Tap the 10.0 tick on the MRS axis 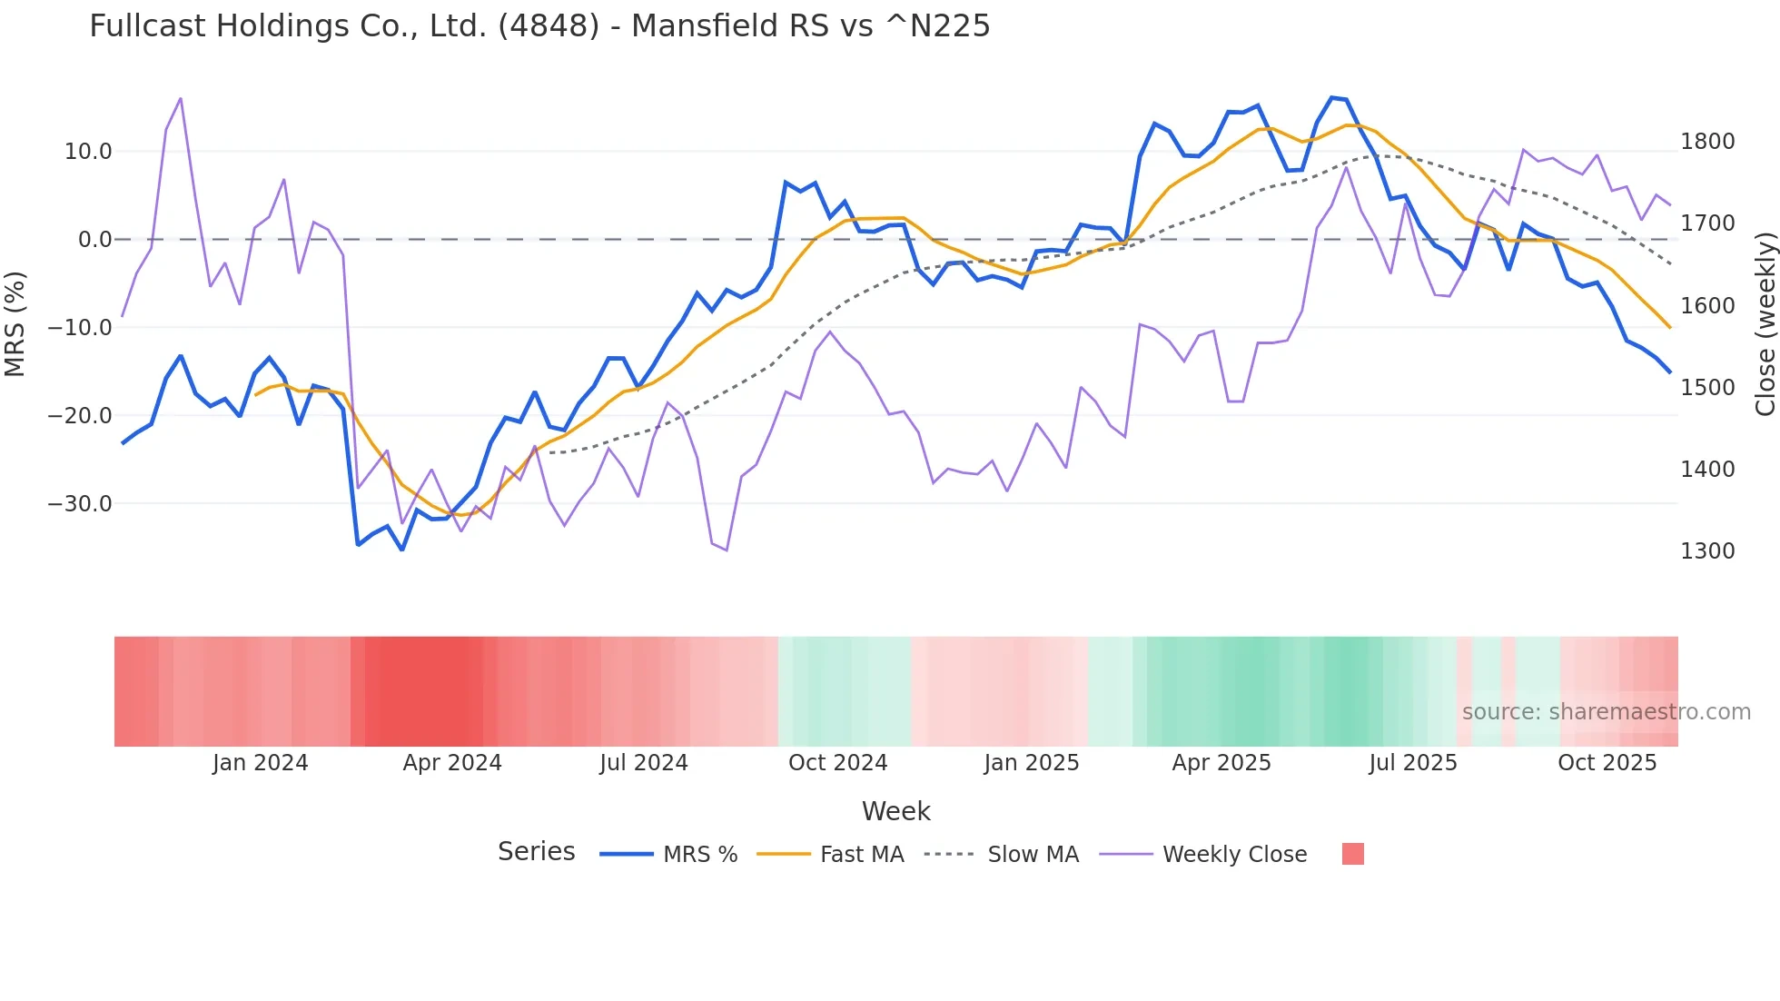(x=88, y=152)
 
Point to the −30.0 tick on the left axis (x=80, y=504)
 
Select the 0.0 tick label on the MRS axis (x=94, y=240)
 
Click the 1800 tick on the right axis (x=1707, y=142)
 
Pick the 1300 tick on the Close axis (x=1707, y=551)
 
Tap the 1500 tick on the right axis (x=1707, y=388)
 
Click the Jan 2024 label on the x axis (x=261, y=763)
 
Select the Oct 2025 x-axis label (x=1607, y=763)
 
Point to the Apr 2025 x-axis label (x=1221, y=763)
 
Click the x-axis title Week (x=895, y=811)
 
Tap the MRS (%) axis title (x=15, y=323)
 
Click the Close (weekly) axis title (x=1765, y=324)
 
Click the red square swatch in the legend (x=1352, y=854)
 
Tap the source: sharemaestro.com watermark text (x=1606, y=712)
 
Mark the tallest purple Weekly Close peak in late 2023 (x=180, y=99)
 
